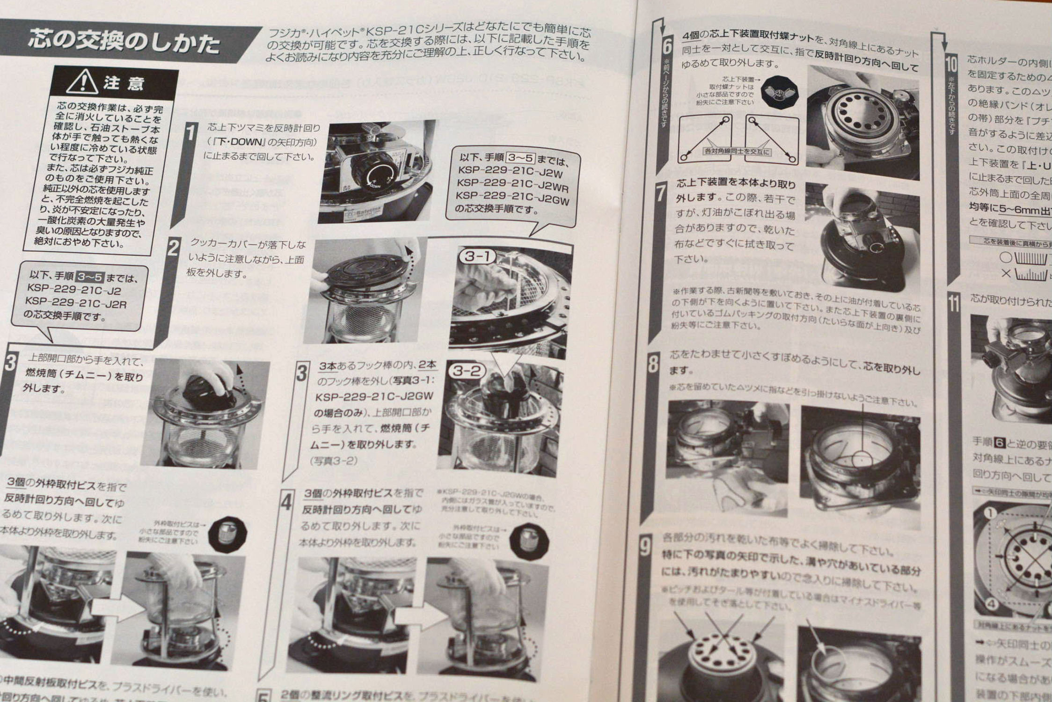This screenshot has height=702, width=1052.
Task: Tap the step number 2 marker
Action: coord(173,248)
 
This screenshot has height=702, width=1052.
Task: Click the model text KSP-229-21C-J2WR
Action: coord(511,187)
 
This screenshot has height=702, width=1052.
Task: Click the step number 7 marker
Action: coord(661,193)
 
